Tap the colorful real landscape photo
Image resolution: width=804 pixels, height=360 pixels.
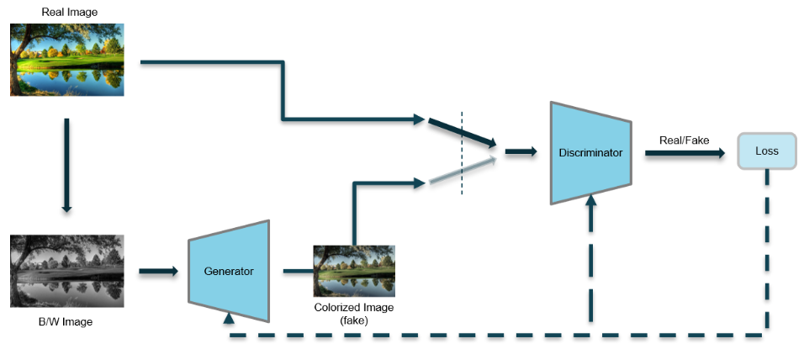pos(67,60)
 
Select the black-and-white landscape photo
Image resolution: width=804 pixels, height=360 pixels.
pos(67,271)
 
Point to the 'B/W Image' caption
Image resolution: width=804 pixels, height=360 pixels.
pos(66,321)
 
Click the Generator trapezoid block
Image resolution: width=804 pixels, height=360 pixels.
pos(229,271)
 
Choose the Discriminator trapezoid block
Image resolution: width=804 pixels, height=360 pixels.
pos(590,152)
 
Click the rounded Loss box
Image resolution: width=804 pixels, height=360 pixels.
pos(766,151)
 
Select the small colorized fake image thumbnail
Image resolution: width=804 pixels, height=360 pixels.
pos(353,271)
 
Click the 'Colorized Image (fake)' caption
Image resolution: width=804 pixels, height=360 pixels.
pos(353,313)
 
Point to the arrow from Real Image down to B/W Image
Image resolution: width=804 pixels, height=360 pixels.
pos(66,164)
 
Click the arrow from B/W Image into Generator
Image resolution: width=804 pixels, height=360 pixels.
pos(157,271)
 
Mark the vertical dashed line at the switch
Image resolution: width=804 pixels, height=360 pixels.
pos(461,151)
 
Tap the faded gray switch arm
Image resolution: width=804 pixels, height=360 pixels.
pos(461,171)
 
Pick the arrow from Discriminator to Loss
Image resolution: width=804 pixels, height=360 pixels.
pos(684,153)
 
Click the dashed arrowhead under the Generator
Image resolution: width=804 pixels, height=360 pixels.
pos(229,318)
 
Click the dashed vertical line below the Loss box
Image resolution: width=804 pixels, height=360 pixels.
pos(766,252)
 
